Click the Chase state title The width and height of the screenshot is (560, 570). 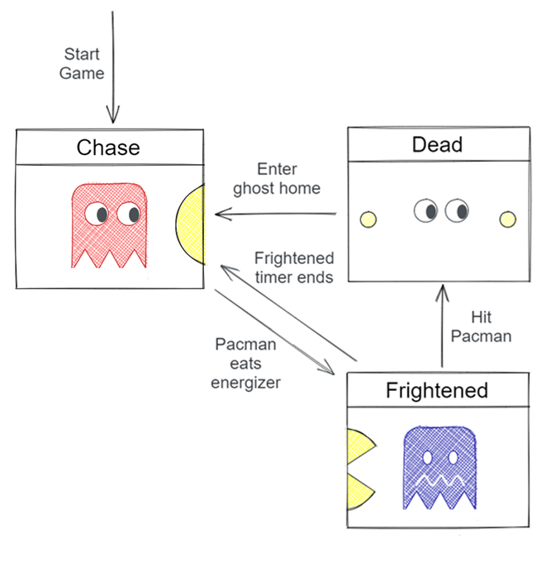click(x=108, y=148)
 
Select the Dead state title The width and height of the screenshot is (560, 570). click(x=437, y=145)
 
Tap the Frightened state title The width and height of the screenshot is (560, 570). click(x=437, y=390)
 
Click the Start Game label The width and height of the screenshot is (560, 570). click(x=82, y=64)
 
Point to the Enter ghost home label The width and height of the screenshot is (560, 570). click(x=276, y=179)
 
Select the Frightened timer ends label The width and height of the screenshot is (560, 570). click(x=293, y=267)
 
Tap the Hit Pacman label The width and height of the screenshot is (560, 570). click(x=491, y=326)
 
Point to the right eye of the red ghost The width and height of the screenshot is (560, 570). click(x=129, y=214)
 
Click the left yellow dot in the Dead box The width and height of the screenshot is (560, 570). click(x=368, y=219)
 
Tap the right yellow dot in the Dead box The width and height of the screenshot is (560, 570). click(x=507, y=219)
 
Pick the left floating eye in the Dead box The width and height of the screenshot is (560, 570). click(x=426, y=211)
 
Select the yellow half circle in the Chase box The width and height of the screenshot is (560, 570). click(x=192, y=224)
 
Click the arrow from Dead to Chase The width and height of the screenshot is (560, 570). click(x=277, y=214)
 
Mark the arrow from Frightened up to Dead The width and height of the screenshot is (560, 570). click(x=442, y=327)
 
